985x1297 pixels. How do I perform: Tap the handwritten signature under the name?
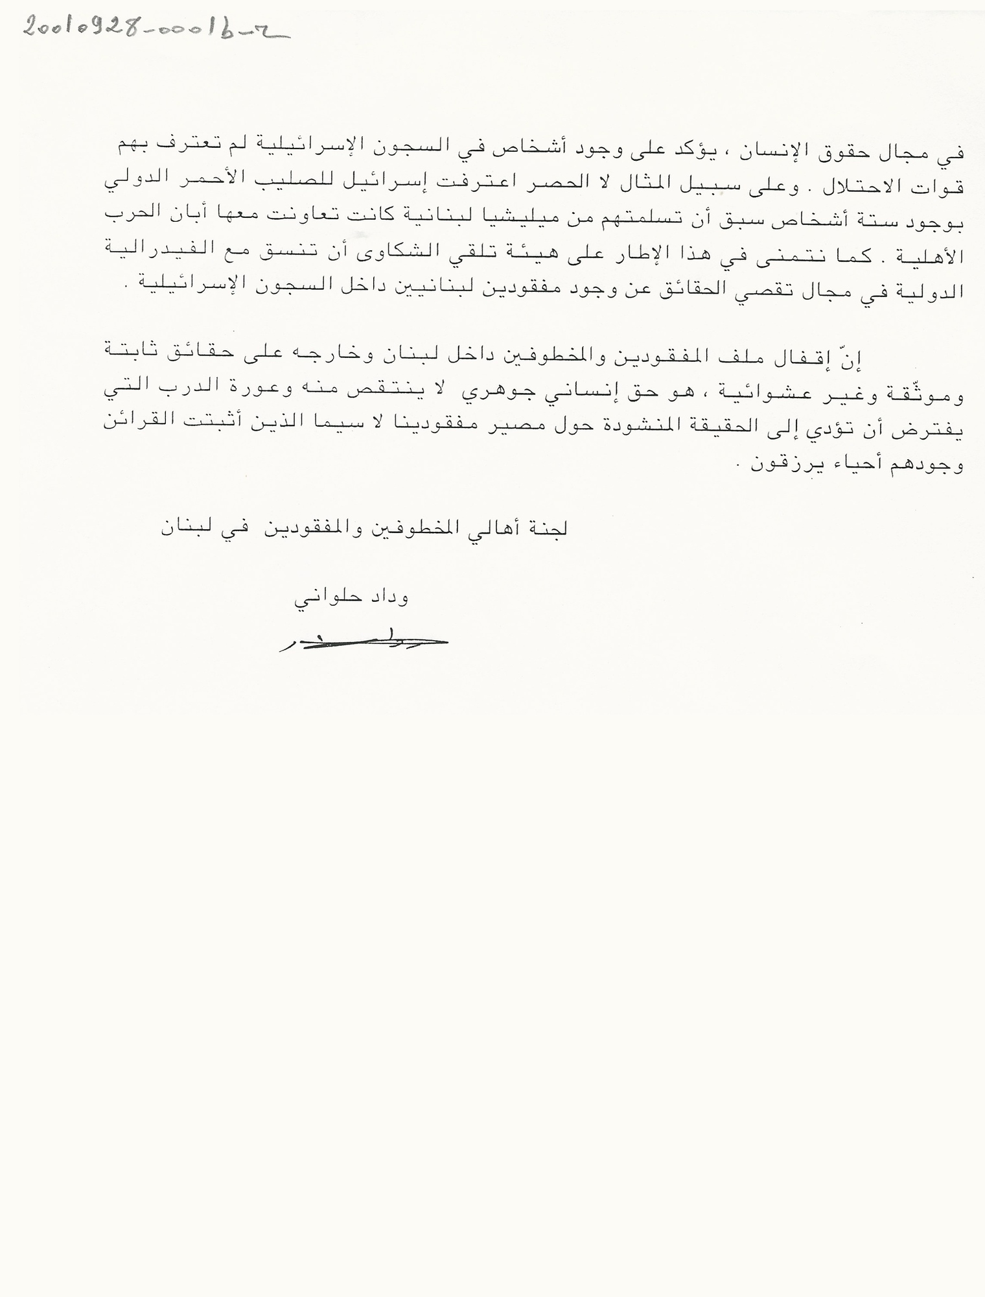point(363,642)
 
